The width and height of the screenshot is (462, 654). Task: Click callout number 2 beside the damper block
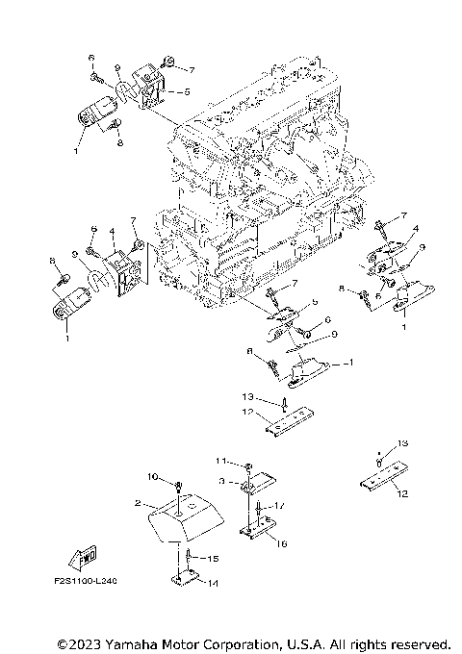pos(139,503)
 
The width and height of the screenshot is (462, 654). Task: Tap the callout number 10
pos(151,476)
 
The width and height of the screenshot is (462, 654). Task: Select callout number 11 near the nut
pos(219,461)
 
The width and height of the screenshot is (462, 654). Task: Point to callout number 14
pos(213,583)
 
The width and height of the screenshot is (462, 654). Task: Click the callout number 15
pos(214,558)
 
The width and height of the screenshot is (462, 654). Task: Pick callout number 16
pos(282,543)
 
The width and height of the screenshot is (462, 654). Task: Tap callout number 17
pos(279,506)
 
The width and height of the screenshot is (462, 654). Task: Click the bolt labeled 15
pos(186,556)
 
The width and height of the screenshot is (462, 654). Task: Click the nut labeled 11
pos(247,466)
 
